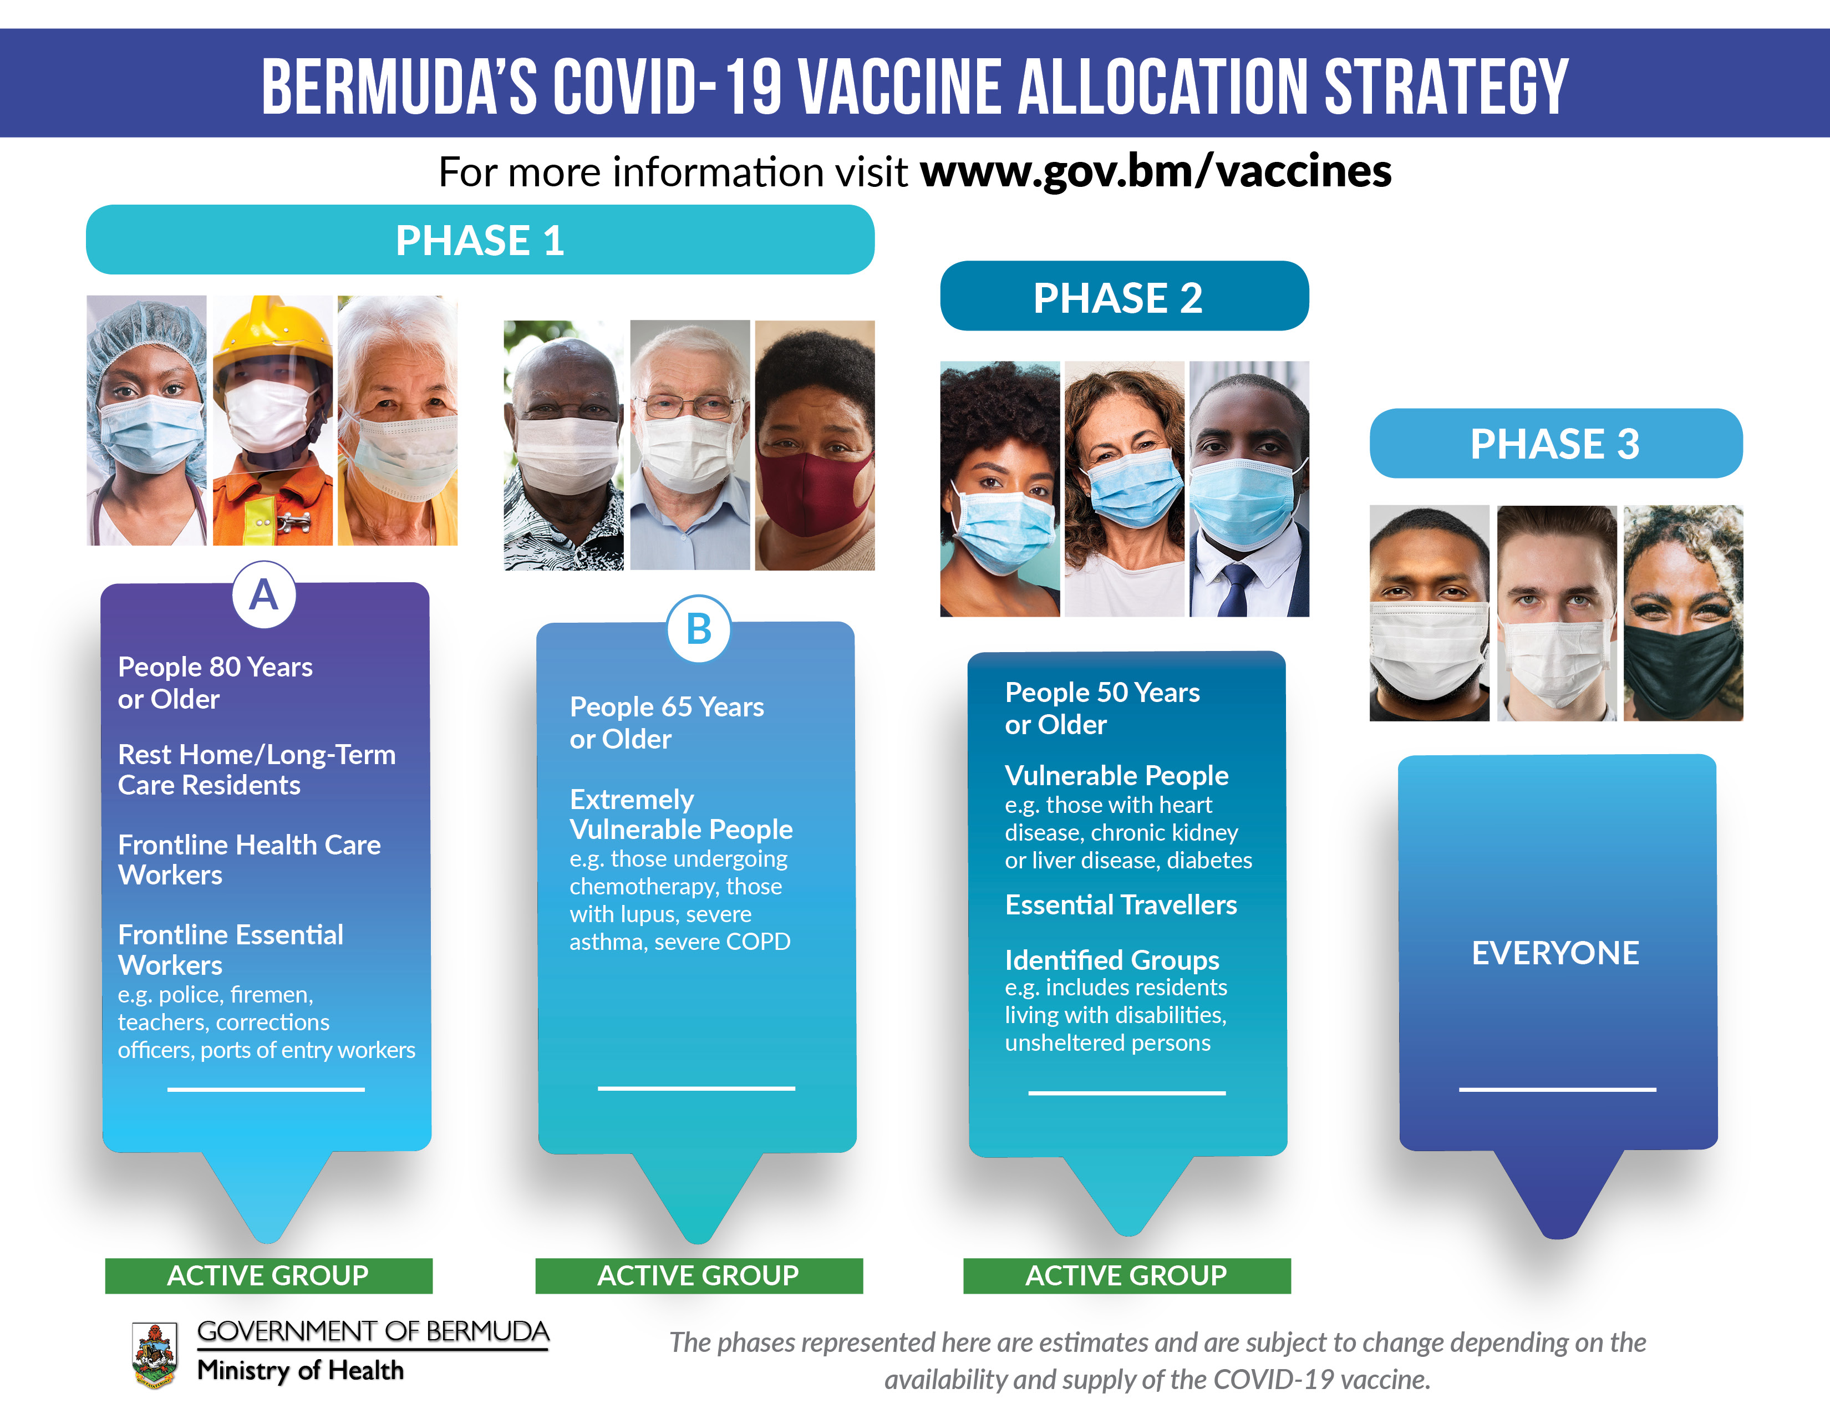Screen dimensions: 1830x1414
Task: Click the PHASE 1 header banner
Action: pyautogui.click(x=480, y=240)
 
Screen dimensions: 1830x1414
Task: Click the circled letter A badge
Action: pyautogui.click(x=264, y=595)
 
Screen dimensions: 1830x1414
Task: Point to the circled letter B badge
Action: pyautogui.click(x=699, y=629)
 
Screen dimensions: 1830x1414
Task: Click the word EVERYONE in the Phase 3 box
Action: pyautogui.click(x=1555, y=953)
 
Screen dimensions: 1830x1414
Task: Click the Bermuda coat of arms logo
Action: pyautogui.click(x=154, y=1355)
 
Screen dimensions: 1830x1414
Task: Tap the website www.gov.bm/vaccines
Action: pyautogui.click(x=1156, y=172)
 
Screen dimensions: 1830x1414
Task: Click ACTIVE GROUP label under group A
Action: pyautogui.click(x=268, y=1275)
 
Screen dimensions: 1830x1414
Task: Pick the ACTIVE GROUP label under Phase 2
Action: pyautogui.click(x=1126, y=1275)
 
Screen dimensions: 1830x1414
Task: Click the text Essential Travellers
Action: pyautogui.click(x=1120, y=905)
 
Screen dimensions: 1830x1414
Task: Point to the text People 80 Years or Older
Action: pyautogui.click(x=215, y=683)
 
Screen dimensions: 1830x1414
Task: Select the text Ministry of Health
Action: pyautogui.click(x=300, y=1370)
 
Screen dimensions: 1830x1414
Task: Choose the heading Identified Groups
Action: pyautogui.click(x=1112, y=960)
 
